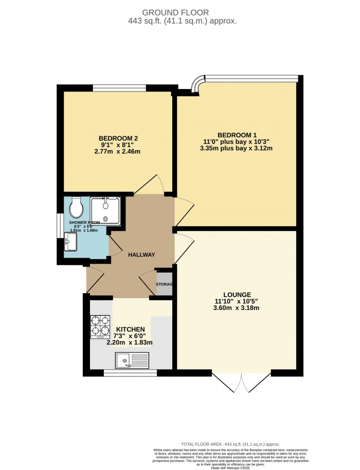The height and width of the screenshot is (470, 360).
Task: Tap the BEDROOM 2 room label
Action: (x=118, y=138)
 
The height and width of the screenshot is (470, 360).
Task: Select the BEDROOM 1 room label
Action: (x=237, y=132)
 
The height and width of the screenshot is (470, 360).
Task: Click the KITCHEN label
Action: (x=130, y=329)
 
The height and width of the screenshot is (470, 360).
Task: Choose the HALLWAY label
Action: (x=141, y=255)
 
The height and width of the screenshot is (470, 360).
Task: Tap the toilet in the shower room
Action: (x=77, y=207)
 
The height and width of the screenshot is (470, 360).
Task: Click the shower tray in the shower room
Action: (x=106, y=211)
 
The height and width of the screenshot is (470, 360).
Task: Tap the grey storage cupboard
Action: (x=164, y=283)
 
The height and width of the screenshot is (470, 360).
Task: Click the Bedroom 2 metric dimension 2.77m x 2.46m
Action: (x=118, y=152)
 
